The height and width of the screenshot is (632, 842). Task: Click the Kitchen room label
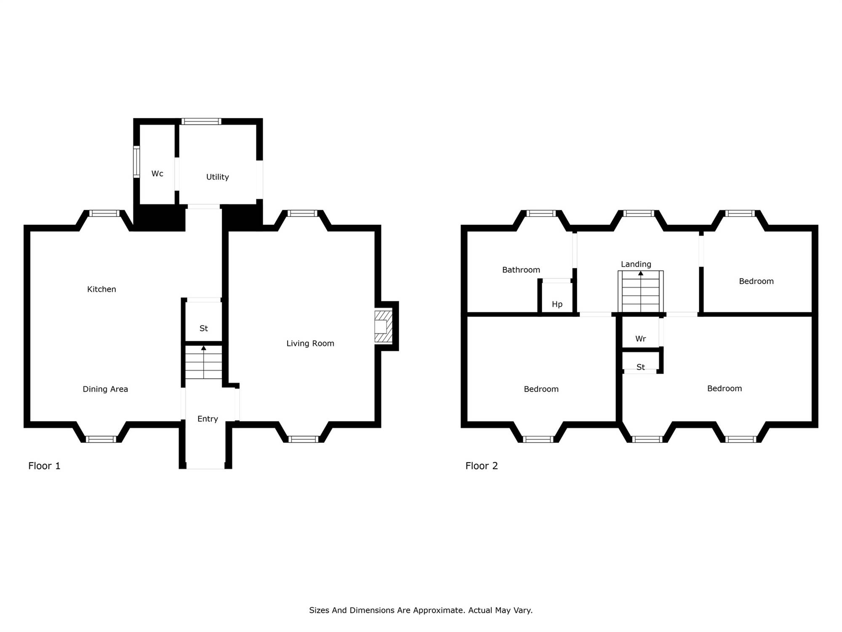pos(101,289)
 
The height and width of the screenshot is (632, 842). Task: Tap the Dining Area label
pos(105,389)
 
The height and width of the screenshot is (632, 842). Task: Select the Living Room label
pos(310,343)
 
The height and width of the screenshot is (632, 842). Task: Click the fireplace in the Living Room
pos(383,327)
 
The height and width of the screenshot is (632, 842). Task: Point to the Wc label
pos(157,174)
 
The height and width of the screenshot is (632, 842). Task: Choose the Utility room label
pos(218,177)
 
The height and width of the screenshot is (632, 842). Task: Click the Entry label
pos(208,419)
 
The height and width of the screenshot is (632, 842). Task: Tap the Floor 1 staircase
pos(204,362)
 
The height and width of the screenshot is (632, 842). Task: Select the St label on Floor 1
pos(204,328)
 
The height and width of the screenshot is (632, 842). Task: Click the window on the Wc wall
pos(136,162)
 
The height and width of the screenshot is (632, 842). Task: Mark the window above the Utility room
pos(201,121)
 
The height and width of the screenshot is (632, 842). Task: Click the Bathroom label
pos(521,270)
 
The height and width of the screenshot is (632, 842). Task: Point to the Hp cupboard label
pos(557,304)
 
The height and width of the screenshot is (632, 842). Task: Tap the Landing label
pos(636,264)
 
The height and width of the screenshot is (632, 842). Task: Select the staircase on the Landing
pos(641,291)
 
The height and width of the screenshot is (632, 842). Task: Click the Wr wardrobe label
pos(641,339)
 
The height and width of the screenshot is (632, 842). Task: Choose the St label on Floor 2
pos(641,367)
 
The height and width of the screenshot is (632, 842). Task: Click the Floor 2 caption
pos(482,466)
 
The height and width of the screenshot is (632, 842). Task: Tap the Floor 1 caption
pos(44,466)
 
